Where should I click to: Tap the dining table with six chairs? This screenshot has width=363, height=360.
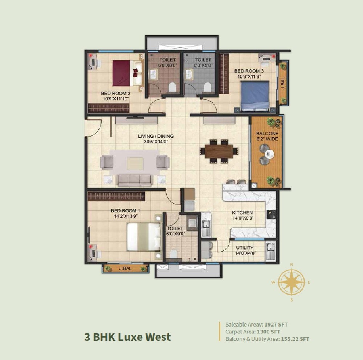(x=219, y=151)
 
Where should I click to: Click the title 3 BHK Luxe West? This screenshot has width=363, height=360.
(x=127, y=337)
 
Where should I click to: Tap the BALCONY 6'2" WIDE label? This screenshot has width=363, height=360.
(x=267, y=136)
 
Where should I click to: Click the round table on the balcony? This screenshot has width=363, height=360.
(x=270, y=153)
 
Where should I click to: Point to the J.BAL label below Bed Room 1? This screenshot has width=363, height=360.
(x=125, y=269)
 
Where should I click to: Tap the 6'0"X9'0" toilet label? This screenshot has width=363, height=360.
(x=175, y=231)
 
